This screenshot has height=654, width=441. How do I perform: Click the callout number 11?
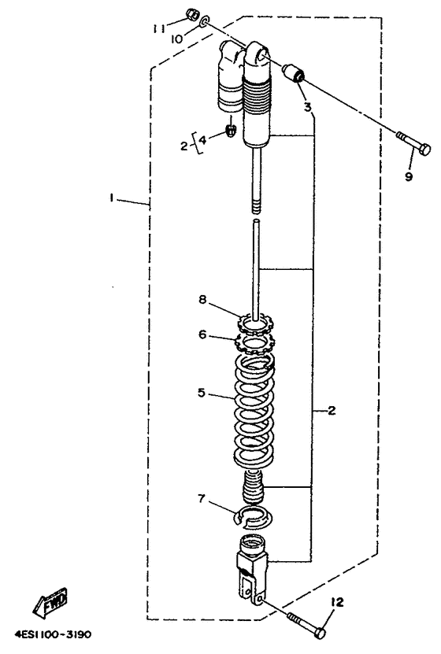158,28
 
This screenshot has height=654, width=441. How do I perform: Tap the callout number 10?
176,39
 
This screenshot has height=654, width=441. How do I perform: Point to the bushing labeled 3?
294,73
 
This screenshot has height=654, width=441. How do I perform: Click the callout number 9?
409,176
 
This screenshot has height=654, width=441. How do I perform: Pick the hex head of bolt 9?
424,149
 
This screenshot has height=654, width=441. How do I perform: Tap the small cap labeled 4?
231,131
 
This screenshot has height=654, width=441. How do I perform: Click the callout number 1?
111,198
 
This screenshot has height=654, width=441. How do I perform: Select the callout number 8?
202,300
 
